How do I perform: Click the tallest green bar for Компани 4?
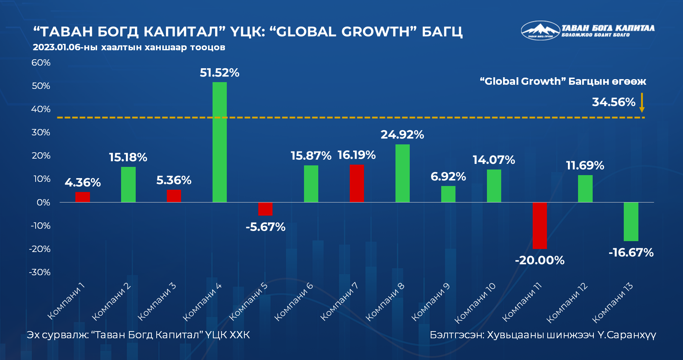coord(219,142)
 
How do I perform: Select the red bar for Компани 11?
coord(540,225)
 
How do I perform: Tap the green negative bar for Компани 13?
coord(631,222)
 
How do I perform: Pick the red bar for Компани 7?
coord(357,183)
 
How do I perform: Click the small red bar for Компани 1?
coord(82,197)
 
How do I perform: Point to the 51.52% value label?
coord(219,73)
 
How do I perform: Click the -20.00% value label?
coord(539,260)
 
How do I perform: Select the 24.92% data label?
coord(402,135)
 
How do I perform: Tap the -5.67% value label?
coord(265,227)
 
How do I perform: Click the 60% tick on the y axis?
coord(41,63)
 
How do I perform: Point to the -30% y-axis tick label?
coord(40,272)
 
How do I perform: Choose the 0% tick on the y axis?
coord(43,202)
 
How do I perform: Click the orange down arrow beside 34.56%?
coord(642,102)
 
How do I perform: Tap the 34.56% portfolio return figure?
coord(613,102)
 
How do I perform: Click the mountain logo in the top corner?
coord(540,30)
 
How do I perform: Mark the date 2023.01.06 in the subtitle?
coord(56,47)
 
